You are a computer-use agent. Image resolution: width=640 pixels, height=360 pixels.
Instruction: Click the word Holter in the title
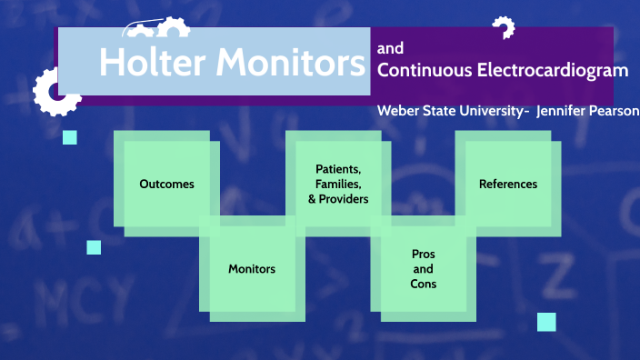click(151, 62)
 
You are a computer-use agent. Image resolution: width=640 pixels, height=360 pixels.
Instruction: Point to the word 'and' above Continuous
click(390, 48)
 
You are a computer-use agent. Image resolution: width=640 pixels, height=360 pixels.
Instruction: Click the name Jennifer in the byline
click(564, 110)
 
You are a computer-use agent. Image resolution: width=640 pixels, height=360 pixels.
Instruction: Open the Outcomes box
click(166, 184)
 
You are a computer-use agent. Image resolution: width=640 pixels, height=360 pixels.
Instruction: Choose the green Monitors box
click(252, 268)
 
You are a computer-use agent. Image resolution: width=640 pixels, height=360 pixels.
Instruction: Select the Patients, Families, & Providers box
click(337, 184)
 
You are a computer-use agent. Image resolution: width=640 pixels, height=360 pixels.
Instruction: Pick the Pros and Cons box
click(423, 269)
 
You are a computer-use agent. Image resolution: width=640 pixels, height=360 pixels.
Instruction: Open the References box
click(508, 184)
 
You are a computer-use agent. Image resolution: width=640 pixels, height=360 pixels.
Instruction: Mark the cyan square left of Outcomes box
click(70, 137)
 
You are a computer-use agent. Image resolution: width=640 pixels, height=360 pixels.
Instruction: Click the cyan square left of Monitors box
click(94, 247)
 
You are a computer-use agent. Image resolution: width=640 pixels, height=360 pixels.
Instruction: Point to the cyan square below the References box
click(546, 321)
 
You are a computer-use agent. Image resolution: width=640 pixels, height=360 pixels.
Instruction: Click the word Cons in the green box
click(423, 284)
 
